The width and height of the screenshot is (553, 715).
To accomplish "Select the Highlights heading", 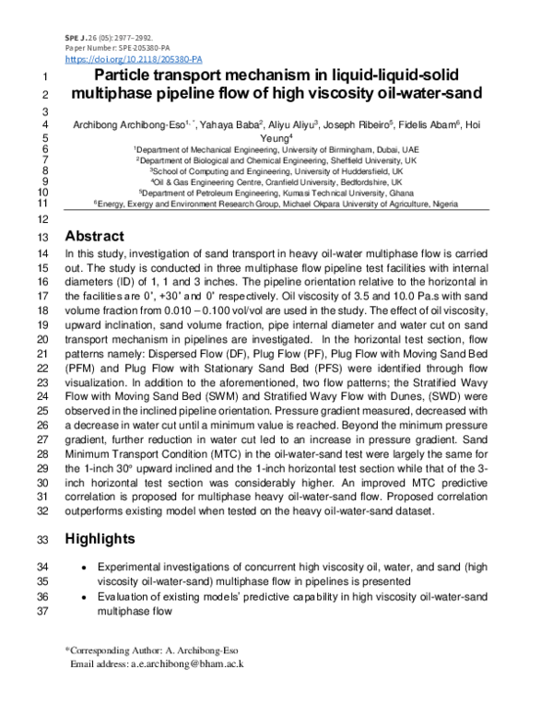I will click(108, 538).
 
